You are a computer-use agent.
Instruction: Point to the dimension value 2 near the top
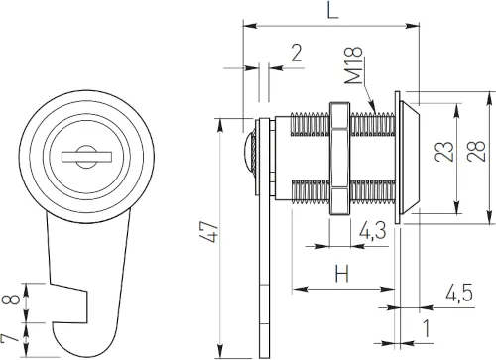pos(296,54)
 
